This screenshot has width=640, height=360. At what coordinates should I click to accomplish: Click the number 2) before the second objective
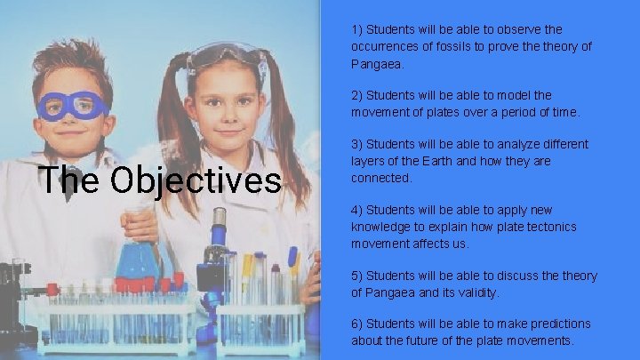(x=356, y=95)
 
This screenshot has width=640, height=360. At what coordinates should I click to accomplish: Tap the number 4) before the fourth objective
(x=356, y=210)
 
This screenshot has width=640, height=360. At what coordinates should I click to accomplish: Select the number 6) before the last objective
(x=356, y=324)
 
